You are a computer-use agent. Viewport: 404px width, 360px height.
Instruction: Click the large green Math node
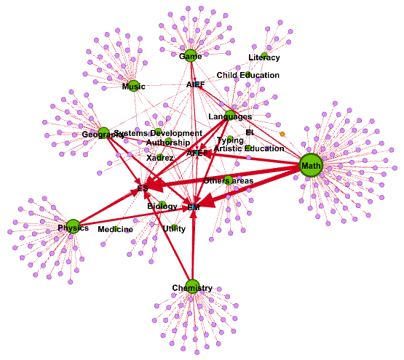[x=311, y=166]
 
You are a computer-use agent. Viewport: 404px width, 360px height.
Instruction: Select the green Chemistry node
[x=192, y=286]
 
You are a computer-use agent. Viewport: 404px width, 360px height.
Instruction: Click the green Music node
[x=133, y=86]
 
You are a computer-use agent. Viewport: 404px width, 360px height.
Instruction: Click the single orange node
[x=282, y=134]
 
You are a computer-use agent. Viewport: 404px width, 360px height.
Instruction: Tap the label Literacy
[x=264, y=57]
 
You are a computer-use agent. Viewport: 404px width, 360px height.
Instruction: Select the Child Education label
[x=247, y=75]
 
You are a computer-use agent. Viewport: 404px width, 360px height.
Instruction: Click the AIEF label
[x=196, y=84]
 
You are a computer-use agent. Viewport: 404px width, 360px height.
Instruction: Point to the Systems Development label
[x=158, y=133]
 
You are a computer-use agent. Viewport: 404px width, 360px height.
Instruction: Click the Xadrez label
[x=159, y=157]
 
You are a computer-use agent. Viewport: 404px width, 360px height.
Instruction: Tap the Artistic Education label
[x=249, y=148]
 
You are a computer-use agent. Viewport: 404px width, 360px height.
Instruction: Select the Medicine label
[x=115, y=229]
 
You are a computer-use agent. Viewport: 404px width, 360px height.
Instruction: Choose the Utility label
[x=174, y=228]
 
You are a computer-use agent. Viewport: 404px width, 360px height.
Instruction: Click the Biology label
[x=162, y=207]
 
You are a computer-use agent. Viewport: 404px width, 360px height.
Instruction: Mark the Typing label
[x=230, y=140]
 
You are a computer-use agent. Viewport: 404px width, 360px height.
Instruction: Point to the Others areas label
[x=228, y=180]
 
